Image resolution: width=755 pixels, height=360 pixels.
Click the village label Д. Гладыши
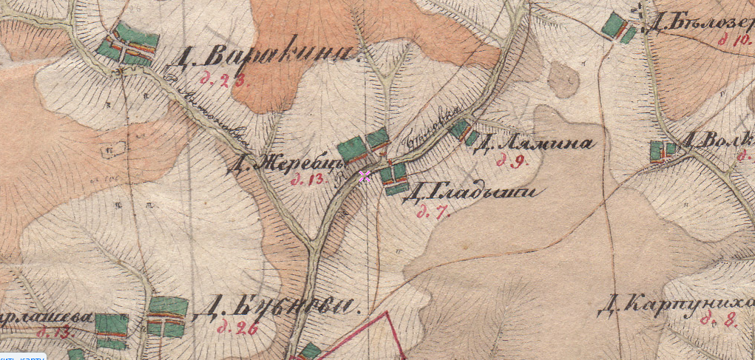(471, 194)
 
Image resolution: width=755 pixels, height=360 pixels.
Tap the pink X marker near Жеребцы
(365, 176)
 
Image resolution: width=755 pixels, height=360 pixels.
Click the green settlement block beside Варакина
(129, 44)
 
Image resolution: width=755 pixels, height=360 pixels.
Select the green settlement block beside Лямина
(464, 132)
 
